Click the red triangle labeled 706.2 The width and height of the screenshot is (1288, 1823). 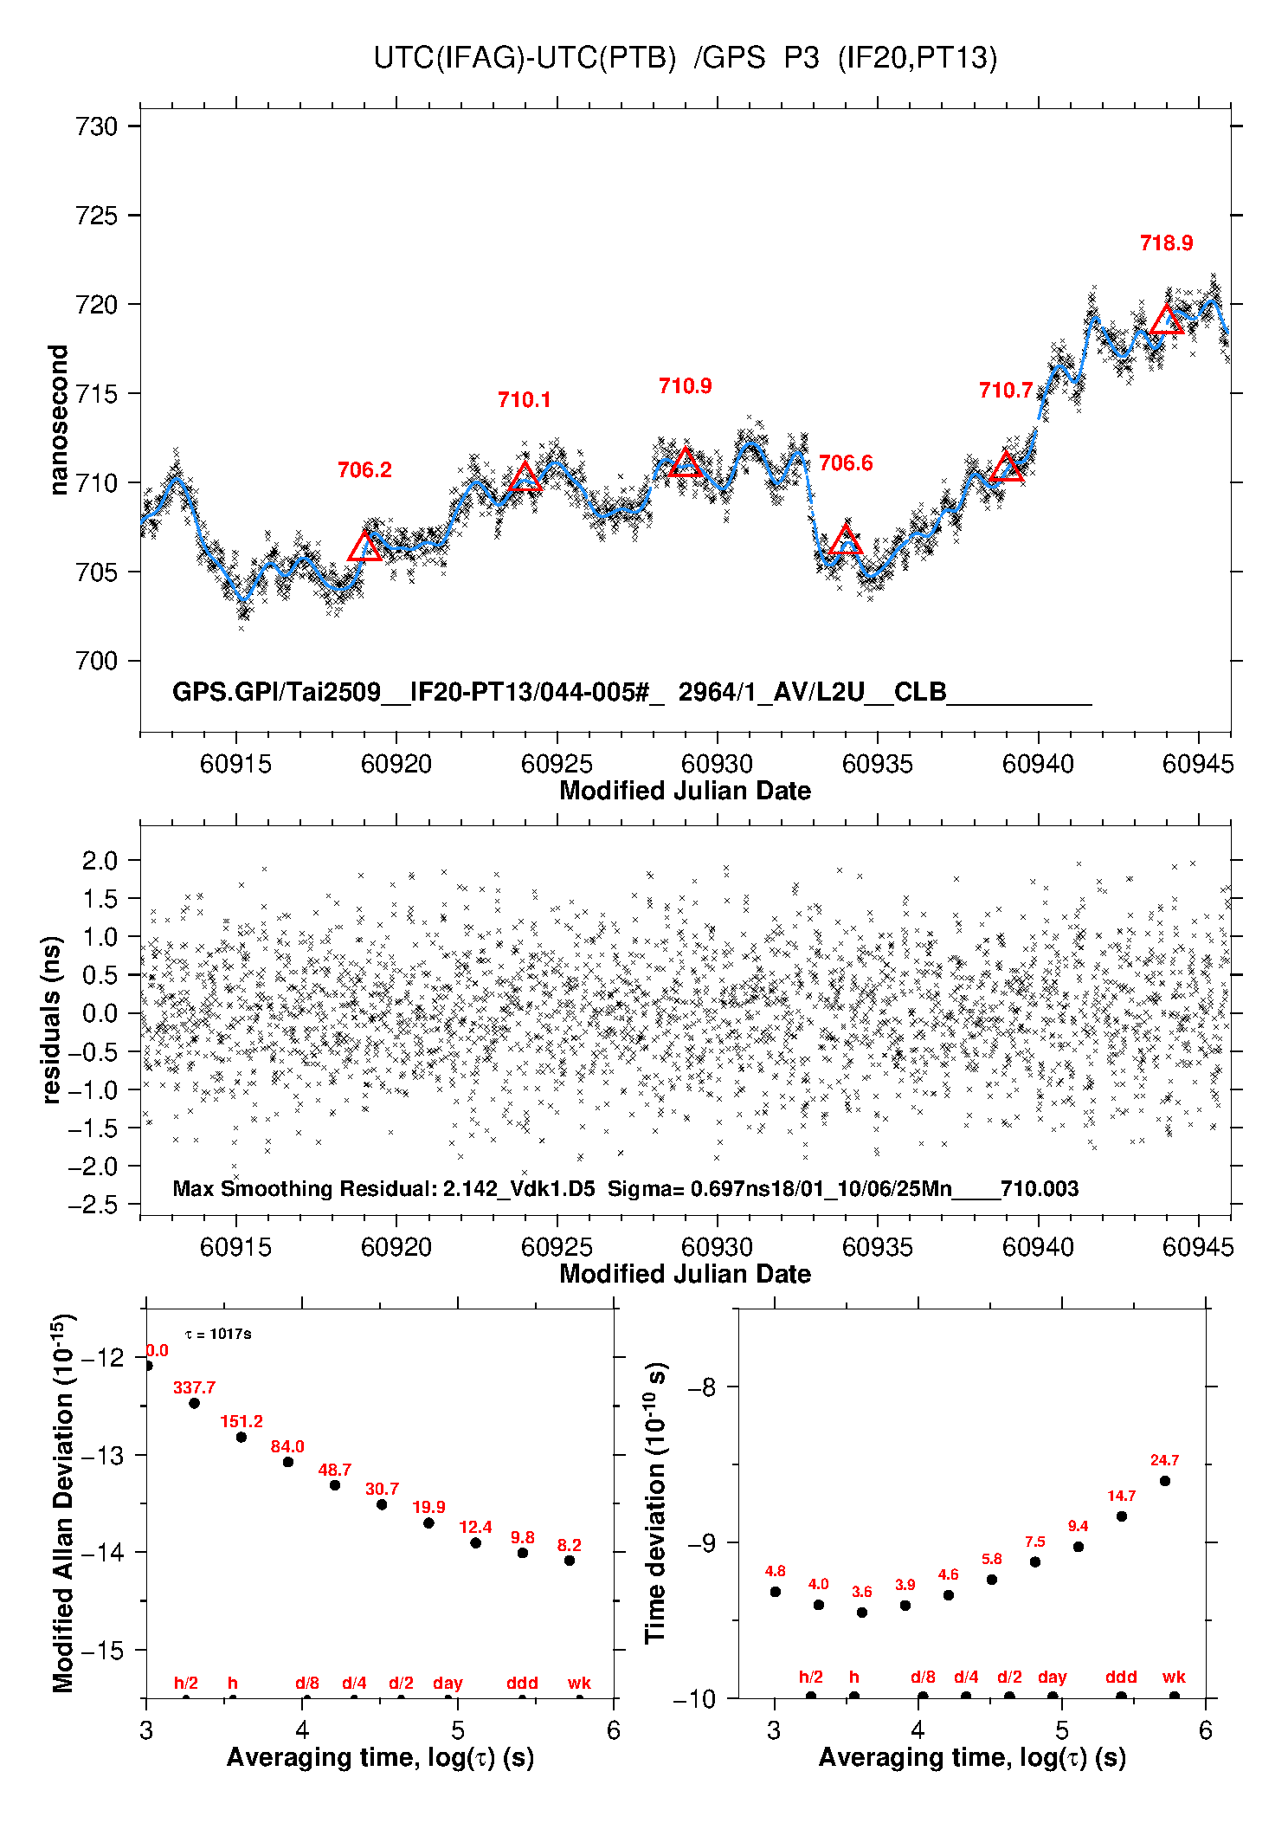[x=364, y=547]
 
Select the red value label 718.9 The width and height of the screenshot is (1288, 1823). [x=1166, y=243]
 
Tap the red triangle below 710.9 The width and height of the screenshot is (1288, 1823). [x=686, y=462]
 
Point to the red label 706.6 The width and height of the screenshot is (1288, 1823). [x=846, y=463]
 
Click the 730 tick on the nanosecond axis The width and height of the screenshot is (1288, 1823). [x=97, y=126]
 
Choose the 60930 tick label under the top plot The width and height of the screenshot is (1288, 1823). [x=717, y=764]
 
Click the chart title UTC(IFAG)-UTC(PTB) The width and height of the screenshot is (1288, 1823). [x=525, y=58]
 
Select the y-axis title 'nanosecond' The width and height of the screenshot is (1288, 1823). [x=58, y=419]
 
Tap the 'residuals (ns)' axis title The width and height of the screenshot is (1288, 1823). [x=52, y=1019]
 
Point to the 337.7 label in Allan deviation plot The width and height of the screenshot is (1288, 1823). [x=194, y=1387]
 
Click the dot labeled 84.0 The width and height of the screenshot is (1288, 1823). [x=288, y=1462]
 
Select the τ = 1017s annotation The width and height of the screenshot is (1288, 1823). [x=218, y=1334]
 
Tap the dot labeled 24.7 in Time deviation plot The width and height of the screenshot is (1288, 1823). [x=1165, y=1481]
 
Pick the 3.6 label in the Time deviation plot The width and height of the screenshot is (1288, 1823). [x=861, y=1592]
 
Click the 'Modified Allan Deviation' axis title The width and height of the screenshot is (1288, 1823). [x=62, y=1503]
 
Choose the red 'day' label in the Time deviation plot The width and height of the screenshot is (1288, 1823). [x=1052, y=1678]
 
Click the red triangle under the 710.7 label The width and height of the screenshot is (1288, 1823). [x=1006, y=468]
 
